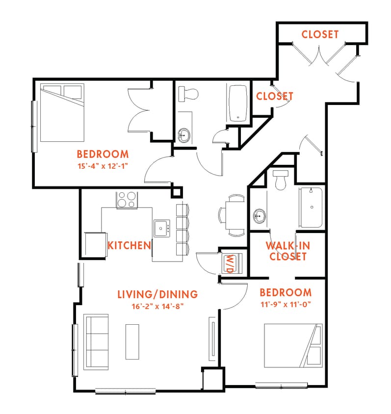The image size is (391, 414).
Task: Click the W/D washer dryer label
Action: pos(229,263)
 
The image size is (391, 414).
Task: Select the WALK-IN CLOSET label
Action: pos(287,251)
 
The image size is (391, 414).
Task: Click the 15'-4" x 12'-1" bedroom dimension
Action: pos(102,166)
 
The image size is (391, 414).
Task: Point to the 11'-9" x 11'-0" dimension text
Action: pos(285,304)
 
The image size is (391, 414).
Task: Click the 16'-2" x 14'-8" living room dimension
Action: pos(157,306)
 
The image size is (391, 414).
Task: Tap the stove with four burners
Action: pos(127,200)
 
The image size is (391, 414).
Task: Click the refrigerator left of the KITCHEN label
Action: pos(93,244)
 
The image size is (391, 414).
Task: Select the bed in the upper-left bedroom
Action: pos(61,113)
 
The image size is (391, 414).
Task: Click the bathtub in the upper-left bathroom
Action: pos(238,103)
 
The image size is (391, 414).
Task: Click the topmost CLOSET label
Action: pos(320,34)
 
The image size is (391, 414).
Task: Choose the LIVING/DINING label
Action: pos(157,294)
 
